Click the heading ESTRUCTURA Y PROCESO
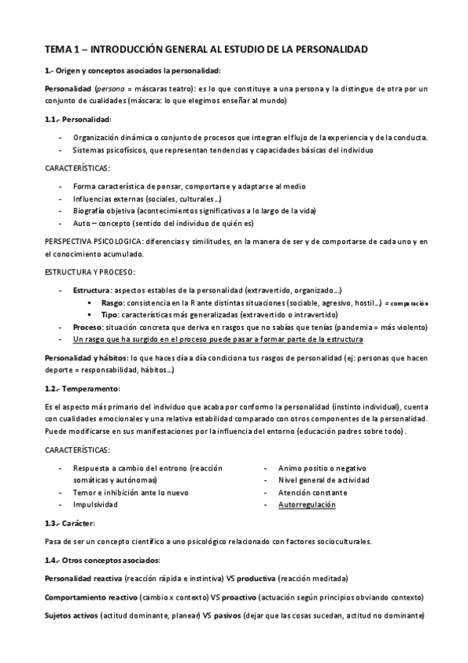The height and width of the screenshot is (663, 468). tap(90, 271)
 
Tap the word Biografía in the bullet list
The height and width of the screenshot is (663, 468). tap(90, 211)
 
